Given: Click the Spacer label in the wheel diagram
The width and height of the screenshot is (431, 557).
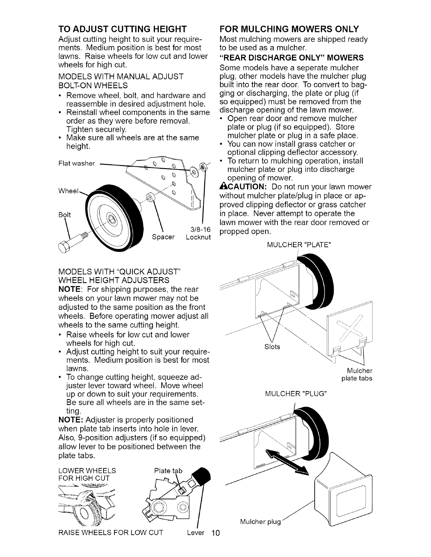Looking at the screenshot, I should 163,237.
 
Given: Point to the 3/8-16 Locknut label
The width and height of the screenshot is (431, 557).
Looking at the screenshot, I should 198,233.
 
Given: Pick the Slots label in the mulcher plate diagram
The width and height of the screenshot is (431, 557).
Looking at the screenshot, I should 272,347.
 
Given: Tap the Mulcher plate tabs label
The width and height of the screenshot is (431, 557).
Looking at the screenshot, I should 357,374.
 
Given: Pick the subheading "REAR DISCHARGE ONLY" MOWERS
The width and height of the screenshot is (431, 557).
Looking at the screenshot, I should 291,58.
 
